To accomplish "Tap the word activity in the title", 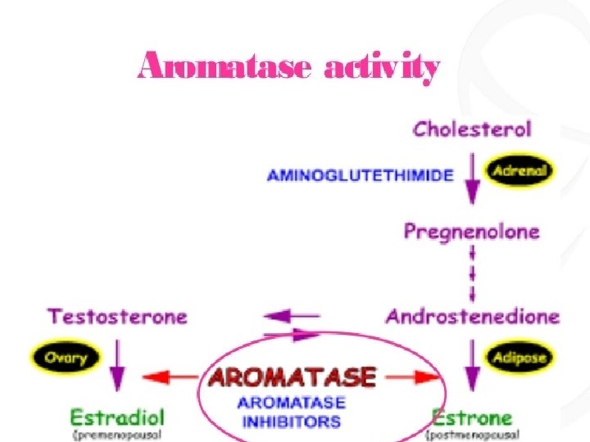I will (382, 69).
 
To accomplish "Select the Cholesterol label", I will (472, 129).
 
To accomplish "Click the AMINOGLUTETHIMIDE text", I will (361, 176).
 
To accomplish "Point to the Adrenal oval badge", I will (520, 172).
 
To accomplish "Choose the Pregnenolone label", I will (472, 232).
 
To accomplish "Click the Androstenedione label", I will (472, 316).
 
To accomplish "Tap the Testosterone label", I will (117, 316).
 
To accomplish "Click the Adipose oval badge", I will (520, 358).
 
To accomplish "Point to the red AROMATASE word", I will (292, 377).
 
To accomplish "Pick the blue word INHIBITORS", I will (291, 422).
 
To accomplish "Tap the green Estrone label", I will (472, 417).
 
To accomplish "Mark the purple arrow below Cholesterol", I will (472, 180).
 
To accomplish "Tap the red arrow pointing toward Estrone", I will (413, 377).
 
